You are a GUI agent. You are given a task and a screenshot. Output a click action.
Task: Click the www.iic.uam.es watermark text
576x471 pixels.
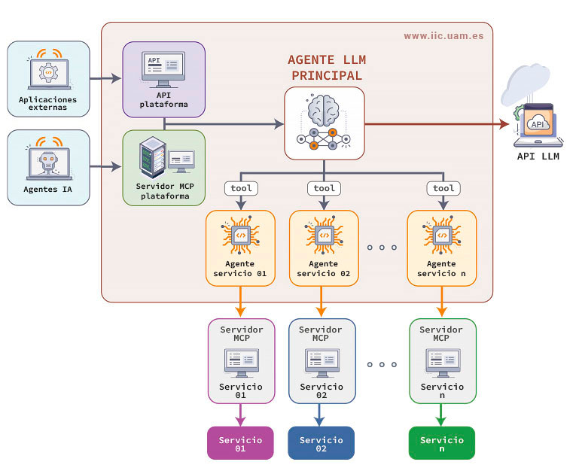click(x=443, y=35)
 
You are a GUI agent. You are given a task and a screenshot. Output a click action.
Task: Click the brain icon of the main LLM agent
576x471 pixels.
click(x=325, y=108)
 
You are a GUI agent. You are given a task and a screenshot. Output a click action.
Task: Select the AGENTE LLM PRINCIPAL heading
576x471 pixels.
click(x=325, y=68)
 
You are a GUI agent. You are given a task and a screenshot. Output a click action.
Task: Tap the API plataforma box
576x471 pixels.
click(x=163, y=79)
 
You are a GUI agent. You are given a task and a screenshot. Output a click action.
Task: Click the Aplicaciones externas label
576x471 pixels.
click(x=48, y=104)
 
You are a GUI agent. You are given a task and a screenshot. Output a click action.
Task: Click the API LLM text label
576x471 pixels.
click(x=538, y=156)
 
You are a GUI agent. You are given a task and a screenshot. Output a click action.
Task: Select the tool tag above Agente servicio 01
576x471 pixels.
click(x=240, y=188)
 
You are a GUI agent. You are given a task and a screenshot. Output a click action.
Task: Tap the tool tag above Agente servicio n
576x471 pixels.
click(x=443, y=188)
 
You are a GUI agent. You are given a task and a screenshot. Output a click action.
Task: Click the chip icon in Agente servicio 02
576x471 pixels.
click(x=325, y=236)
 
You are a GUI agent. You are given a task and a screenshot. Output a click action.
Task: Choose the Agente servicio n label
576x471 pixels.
click(x=442, y=269)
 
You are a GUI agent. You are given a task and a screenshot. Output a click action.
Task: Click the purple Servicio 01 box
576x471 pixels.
click(x=241, y=443)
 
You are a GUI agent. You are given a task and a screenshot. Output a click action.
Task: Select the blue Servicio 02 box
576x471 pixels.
click(x=322, y=443)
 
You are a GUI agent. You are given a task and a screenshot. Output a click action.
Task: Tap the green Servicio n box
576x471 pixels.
click(x=442, y=443)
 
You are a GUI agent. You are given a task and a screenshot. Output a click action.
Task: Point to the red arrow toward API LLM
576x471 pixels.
click(x=437, y=123)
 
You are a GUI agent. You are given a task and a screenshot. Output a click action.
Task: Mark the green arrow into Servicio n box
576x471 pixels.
click(x=442, y=415)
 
